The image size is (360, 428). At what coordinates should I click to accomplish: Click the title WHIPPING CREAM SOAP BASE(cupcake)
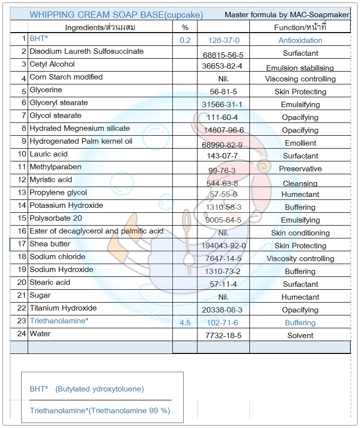[116, 15]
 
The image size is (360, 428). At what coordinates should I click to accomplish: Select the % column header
[185, 28]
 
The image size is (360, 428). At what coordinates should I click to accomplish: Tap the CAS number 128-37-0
[224, 40]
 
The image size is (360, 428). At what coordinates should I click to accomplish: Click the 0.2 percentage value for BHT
[185, 40]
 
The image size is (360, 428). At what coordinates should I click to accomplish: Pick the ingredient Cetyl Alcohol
[52, 64]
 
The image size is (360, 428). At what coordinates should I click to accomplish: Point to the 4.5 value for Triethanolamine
[185, 323]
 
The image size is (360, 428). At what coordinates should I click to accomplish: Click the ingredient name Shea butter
[50, 244]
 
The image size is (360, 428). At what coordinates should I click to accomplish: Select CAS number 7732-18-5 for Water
[223, 336]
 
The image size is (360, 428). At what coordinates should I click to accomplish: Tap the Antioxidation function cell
[300, 40]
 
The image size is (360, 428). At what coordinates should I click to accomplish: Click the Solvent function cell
[300, 336]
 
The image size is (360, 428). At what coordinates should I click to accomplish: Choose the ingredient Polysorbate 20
[56, 218]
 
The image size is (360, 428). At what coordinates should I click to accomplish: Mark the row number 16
[22, 231]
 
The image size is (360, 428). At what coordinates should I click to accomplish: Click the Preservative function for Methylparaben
[300, 169]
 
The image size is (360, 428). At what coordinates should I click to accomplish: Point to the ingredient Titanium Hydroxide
[63, 308]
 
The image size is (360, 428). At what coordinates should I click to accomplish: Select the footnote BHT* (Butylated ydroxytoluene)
[87, 389]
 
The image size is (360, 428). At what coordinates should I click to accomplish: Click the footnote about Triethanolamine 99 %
[100, 411]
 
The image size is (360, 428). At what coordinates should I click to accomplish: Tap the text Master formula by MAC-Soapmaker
[286, 15]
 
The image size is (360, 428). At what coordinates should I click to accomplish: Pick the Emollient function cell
[300, 143]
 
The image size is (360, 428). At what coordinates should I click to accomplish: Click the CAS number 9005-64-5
[223, 220]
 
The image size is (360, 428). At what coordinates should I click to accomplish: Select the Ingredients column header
[100, 28]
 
